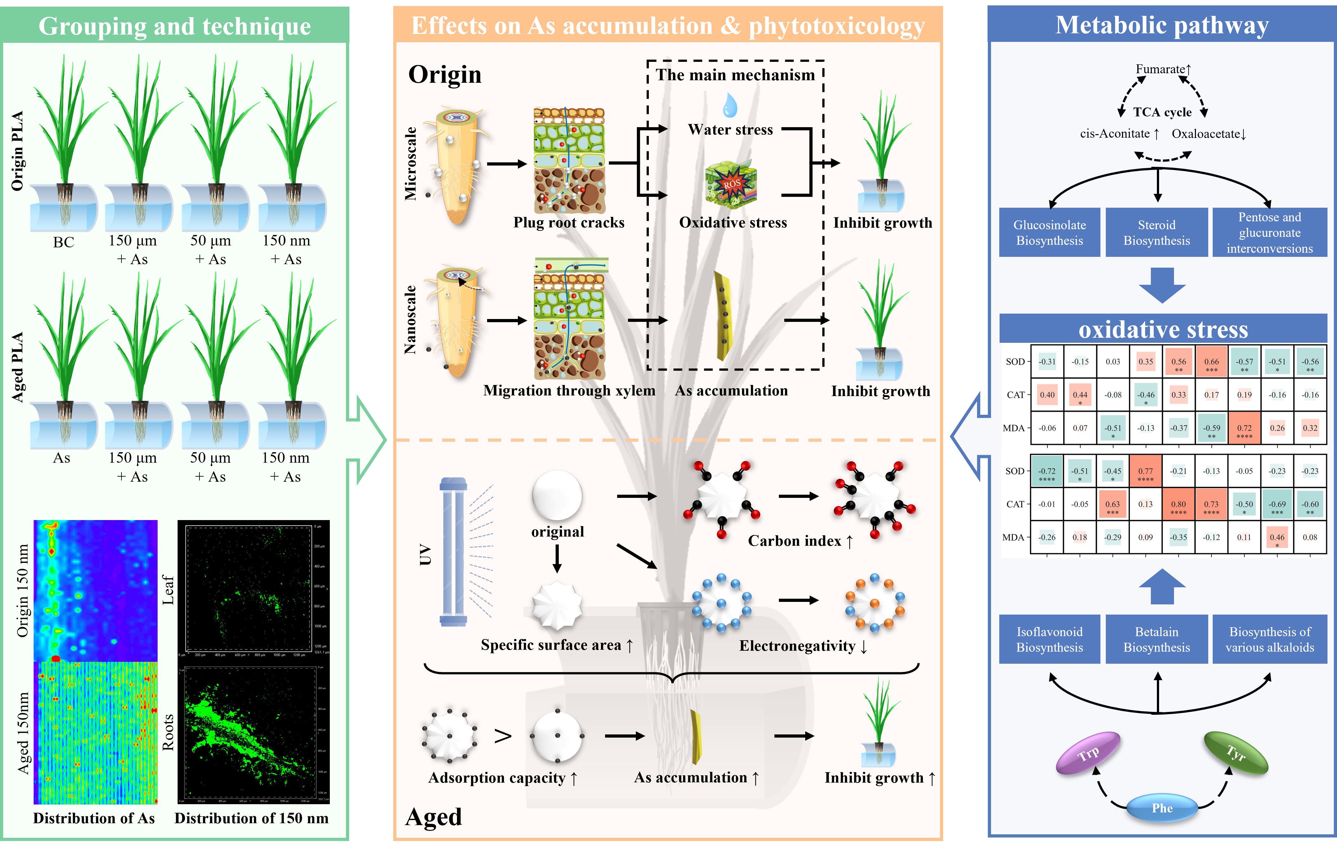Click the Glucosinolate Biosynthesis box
point(1049,232)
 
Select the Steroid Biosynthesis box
point(1157,232)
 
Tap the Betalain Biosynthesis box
point(1157,639)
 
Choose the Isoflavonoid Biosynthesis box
point(1049,639)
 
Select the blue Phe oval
point(1162,808)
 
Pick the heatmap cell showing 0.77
point(1145,471)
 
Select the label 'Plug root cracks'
point(569,223)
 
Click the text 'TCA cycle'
point(1162,113)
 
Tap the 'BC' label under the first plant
point(63,243)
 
